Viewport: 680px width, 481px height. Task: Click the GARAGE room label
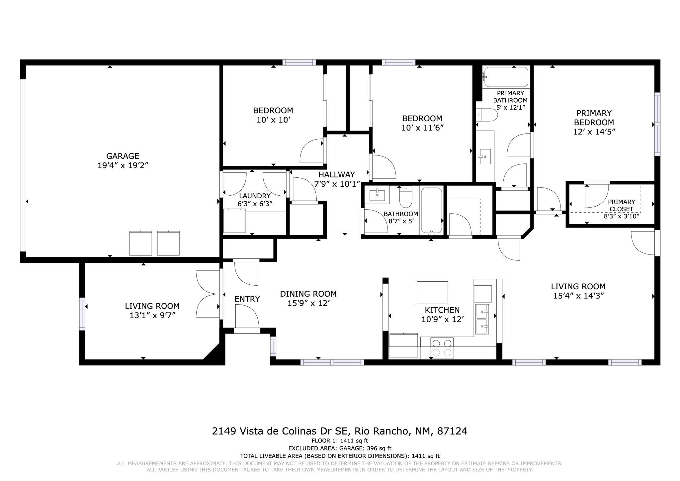tap(123, 156)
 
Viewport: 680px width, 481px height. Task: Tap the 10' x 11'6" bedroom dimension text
tap(422, 128)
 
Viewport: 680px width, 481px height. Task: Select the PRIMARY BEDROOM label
tap(594, 118)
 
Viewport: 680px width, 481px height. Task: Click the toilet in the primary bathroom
tap(487, 115)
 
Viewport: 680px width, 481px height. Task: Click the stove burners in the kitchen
tap(442, 347)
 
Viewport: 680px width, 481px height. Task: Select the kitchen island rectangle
tap(432, 292)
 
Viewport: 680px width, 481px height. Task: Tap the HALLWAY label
tap(336, 175)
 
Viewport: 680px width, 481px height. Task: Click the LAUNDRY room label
tap(255, 196)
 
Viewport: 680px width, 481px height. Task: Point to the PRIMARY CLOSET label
tap(621, 205)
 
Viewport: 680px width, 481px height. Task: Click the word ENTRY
tap(247, 299)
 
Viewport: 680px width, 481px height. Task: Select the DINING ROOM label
tap(308, 294)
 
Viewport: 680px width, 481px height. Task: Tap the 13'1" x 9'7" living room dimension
tap(152, 315)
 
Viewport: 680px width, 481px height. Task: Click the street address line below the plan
tap(339, 431)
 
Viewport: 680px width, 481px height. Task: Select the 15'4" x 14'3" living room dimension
tap(578, 296)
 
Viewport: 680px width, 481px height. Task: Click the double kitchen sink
tap(482, 319)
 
